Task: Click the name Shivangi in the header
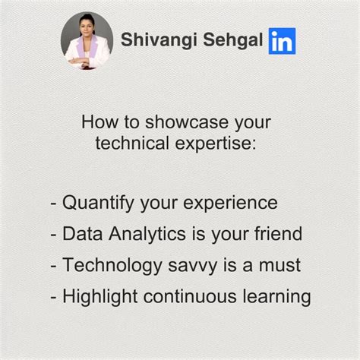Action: pos(156,39)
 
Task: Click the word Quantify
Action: pos(99,204)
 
